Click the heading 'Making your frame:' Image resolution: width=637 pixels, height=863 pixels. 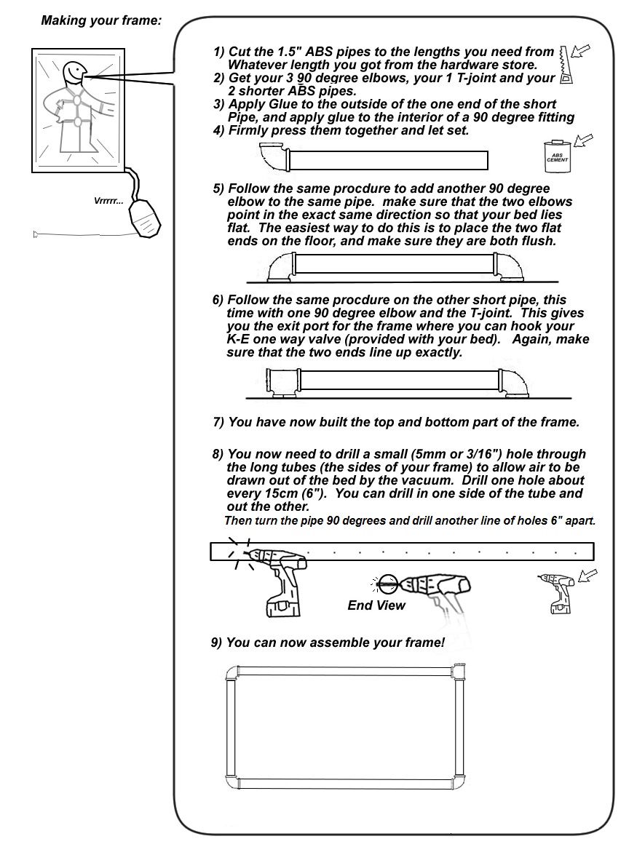pos(101,20)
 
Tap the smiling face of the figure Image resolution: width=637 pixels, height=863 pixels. pos(74,73)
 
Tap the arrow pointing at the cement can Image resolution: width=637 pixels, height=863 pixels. pos(583,140)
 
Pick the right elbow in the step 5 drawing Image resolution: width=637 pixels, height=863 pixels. pos(510,267)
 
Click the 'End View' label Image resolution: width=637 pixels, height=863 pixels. pos(376,605)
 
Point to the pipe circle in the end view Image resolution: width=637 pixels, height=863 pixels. pos(387,582)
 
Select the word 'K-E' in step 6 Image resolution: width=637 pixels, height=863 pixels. pos(241,341)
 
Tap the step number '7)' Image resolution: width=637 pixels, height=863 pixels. pos(218,422)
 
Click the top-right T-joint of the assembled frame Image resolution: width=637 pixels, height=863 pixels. pos(458,671)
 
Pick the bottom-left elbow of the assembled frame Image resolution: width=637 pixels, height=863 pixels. pos(233,784)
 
